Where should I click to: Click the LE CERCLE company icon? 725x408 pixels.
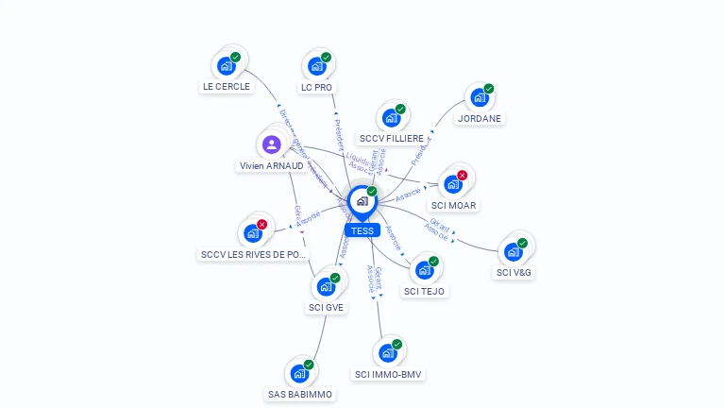click(x=226, y=65)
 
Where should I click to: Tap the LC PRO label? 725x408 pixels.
click(x=316, y=87)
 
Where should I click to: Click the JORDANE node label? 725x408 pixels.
click(x=480, y=119)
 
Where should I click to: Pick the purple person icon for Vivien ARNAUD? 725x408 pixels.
click(x=271, y=144)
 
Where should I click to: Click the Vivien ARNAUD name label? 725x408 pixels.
click(x=272, y=165)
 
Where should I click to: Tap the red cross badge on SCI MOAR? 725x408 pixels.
click(x=463, y=175)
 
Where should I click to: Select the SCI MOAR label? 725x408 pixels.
click(x=454, y=205)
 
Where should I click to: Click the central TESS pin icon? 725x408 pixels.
click(x=362, y=201)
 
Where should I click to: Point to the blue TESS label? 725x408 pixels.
click(x=362, y=230)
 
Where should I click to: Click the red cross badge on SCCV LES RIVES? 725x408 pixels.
click(x=261, y=225)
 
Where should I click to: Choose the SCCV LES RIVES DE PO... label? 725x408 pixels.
click(x=254, y=255)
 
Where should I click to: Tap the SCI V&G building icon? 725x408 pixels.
click(x=513, y=252)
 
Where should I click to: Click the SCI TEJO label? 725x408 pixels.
click(x=424, y=291)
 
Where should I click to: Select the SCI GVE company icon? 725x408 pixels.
click(x=326, y=286)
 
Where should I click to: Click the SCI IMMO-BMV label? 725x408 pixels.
click(x=389, y=375)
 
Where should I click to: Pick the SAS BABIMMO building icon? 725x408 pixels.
click(x=299, y=373)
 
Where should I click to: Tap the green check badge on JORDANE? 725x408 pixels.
click(x=488, y=89)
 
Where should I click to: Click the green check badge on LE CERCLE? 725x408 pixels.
click(x=235, y=57)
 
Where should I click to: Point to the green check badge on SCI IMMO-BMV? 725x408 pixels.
click(x=396, y=345)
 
